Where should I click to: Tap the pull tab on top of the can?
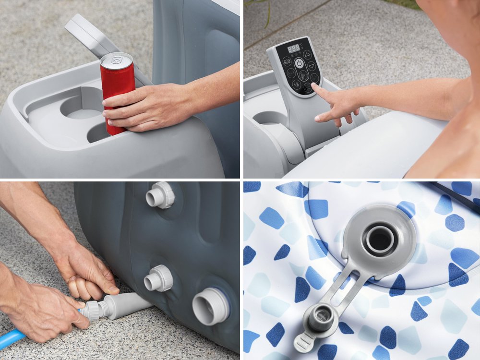pyautogui.click(x=116, y=60)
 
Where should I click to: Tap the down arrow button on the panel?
pyautogui.click(x=312, y=67)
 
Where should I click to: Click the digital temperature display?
pyautogui.click(x=293, y=48)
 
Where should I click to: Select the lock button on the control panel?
pyautogui.click(x=287, y=61)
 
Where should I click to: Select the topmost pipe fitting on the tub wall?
pyautogui.click(x=160, y=196)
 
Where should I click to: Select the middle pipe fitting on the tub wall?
pyautogui.click(x=159, y=278)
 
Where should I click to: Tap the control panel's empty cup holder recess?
pyautogui.click(x=268, y=117)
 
